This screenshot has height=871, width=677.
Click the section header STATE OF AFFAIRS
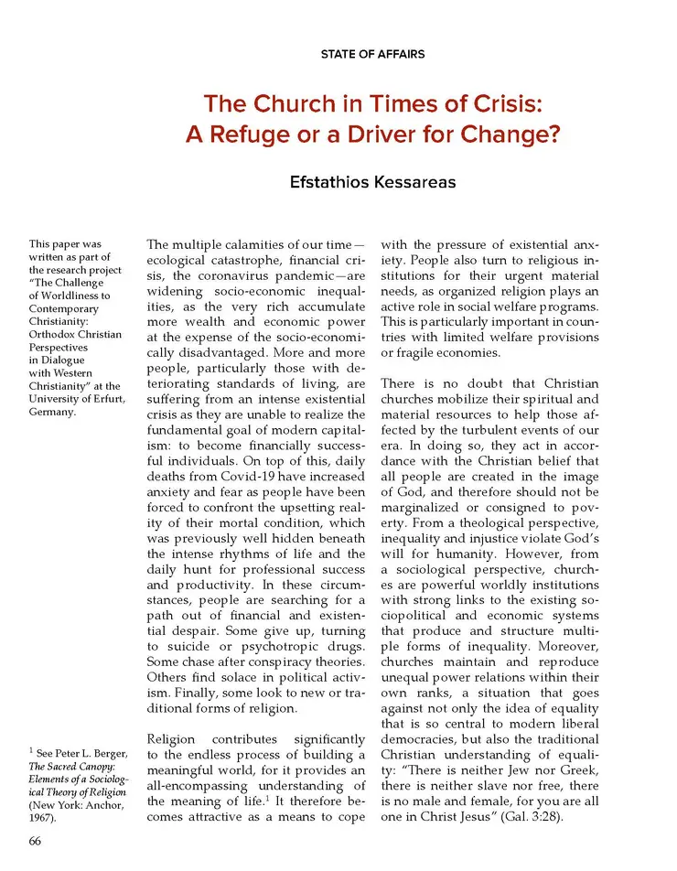(x=372, y=54)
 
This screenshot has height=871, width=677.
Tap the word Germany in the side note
(x=52, y=411)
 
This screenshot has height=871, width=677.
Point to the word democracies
(x=427, y=735)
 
